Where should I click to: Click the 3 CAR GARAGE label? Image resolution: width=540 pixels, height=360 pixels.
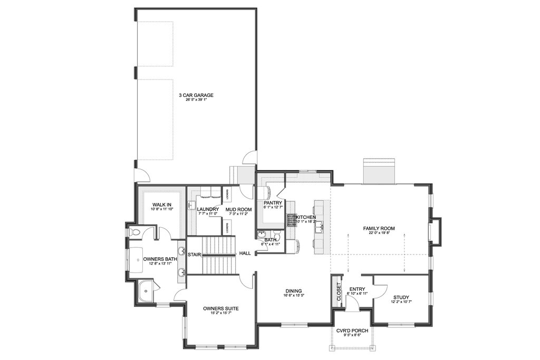click(x=196, y=95)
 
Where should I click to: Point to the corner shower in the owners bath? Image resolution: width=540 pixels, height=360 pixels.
click(x=144, y=291)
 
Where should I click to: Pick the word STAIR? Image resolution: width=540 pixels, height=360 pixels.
click(x=195, y=255)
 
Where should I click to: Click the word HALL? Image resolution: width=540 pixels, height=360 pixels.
click(x=245, y=254)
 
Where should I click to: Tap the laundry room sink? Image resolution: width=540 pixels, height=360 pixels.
click(x=192, y=206)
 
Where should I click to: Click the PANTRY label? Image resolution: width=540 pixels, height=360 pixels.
click(x=273, y=203)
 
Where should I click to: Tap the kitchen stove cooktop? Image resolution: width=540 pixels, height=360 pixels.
click(x=292, y=219)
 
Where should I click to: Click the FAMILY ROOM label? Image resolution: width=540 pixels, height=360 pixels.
click(x=379, y=229)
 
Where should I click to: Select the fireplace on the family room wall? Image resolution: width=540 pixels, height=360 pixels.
click(x=436, y=231)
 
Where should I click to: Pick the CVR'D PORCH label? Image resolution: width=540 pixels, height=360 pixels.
click(x=351, y=330)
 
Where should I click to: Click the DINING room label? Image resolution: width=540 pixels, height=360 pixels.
click(x=293, y=290)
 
